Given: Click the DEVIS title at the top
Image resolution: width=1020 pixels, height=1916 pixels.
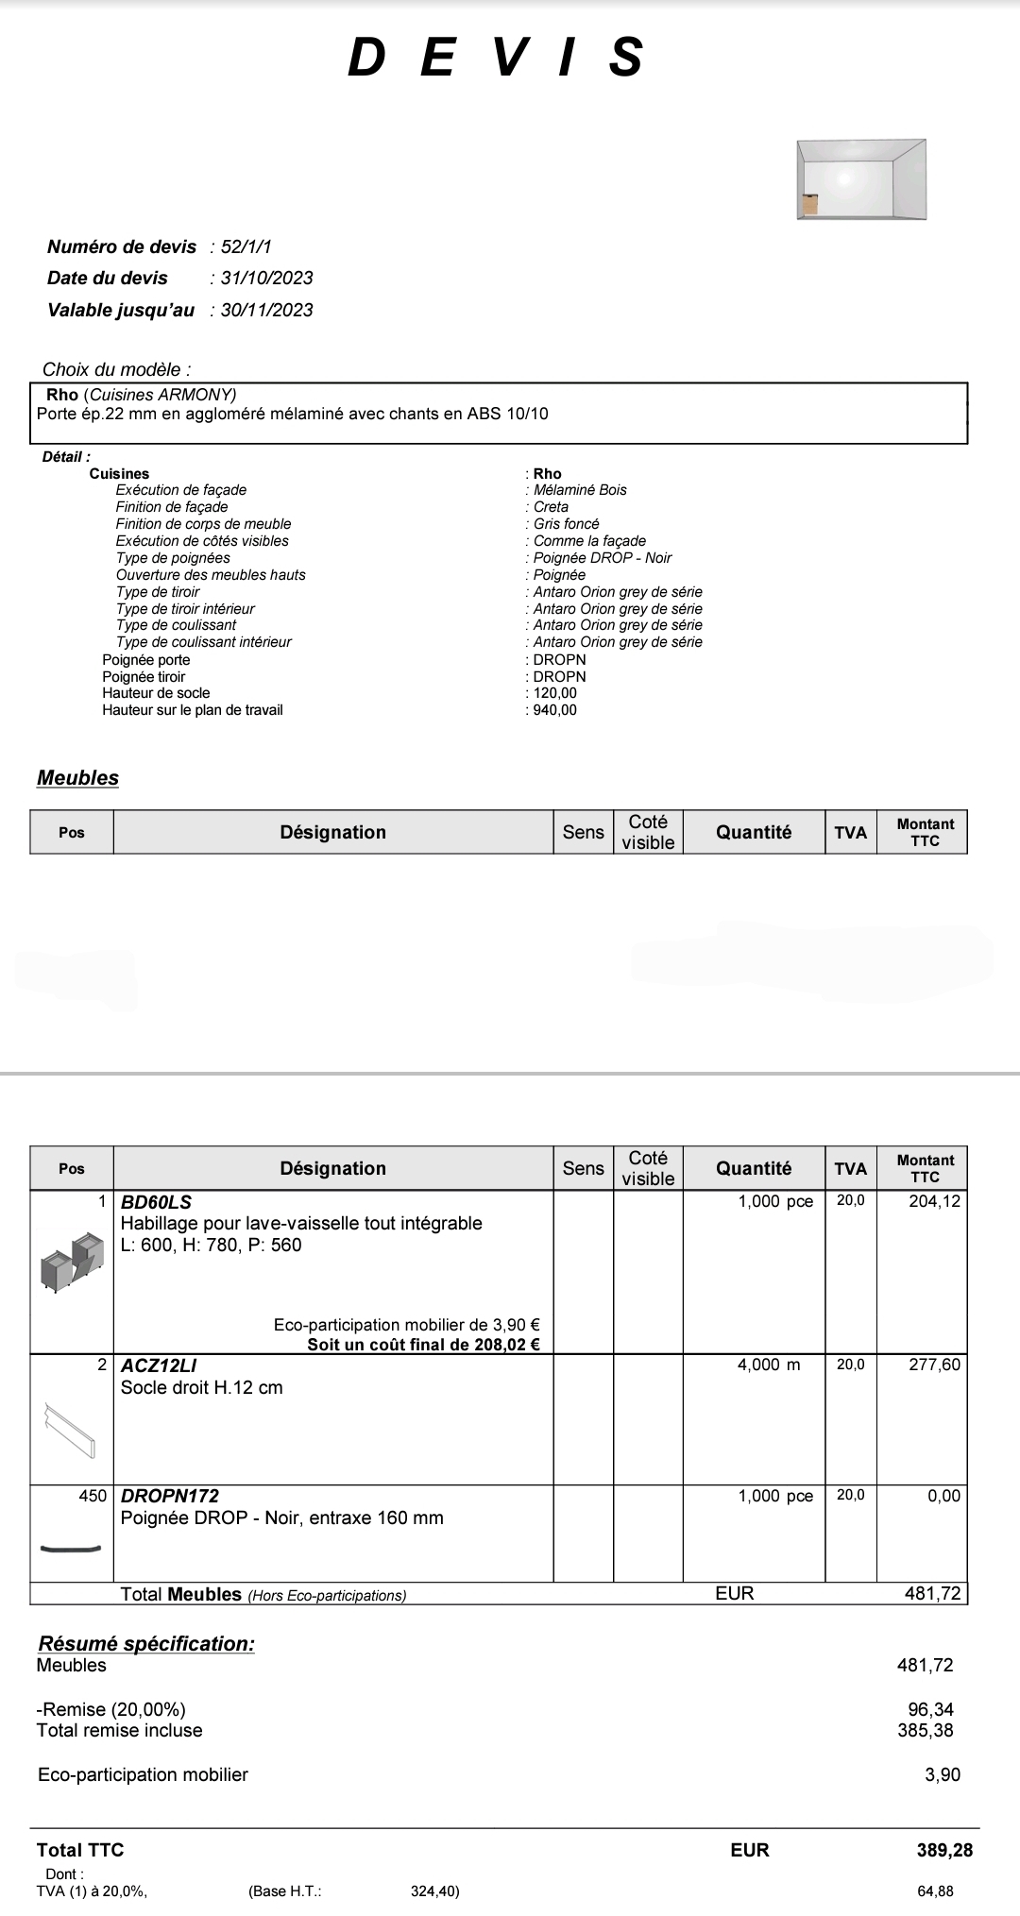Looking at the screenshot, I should (497, 58).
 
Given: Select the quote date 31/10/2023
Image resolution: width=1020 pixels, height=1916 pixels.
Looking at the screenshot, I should (266, 279).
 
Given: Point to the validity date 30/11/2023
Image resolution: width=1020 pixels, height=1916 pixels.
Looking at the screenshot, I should (266, 311).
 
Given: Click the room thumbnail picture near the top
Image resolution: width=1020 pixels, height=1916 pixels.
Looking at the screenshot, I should (860, 179).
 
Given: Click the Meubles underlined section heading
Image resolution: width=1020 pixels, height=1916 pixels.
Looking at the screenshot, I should (77, 778).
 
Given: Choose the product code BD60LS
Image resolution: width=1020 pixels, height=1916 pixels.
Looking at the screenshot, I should (156, 1202).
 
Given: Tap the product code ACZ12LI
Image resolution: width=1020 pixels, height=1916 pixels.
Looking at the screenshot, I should (159, 1365).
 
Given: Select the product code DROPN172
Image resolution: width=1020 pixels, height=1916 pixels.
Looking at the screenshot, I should (170, 1496).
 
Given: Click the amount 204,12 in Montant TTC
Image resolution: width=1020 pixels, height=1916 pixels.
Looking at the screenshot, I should (934, 1201).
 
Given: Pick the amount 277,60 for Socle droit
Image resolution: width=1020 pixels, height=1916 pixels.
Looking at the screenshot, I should (934, 1365).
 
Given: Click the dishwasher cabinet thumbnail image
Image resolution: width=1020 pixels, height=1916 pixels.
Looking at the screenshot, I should (72, 1262).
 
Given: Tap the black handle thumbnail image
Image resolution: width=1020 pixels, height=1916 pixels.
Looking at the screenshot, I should (71, 1548).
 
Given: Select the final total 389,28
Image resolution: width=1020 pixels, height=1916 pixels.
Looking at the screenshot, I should (944, 1850).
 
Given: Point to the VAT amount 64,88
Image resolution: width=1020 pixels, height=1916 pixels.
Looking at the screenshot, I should (935, 1891).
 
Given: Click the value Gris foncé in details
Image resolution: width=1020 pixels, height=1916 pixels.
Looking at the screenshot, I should (566, 524).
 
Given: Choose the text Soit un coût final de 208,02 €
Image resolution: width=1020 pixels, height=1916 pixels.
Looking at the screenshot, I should (423, 1345).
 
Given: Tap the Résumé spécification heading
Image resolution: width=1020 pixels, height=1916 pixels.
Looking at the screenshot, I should (146, 1644).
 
